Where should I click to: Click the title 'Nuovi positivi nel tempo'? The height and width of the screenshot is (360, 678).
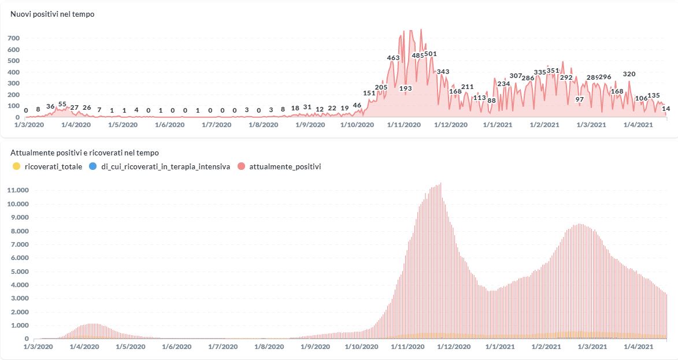click(x=53, y=14)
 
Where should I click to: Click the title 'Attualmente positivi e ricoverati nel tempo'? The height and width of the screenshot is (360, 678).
click(x=85, y=153)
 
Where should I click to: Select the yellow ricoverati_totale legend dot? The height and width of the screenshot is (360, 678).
click(x=16, y=166)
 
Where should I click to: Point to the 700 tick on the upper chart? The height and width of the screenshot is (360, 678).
click(x=13, y=38)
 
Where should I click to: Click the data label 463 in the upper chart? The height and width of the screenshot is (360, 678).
click(x=393, y=58)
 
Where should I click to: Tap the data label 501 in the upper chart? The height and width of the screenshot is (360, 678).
click(x=431, y=54)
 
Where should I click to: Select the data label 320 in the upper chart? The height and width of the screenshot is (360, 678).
click(x=629, y=74)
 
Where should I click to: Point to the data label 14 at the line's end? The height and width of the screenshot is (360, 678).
click(x=666, y=109)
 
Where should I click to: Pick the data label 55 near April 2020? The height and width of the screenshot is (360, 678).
click(x=62, y=105)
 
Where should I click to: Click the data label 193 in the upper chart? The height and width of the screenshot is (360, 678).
click(x=406, y=88)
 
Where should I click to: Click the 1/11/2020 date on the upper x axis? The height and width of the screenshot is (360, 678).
click(x=405, y=125)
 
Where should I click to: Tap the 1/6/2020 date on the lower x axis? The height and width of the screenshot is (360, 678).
click(x=176, y=347)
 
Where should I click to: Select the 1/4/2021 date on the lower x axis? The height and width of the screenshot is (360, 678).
click(x=636, y=347)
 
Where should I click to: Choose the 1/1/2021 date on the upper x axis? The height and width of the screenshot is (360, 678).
click(x=498, y=125)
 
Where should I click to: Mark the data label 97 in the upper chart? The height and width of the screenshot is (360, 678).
click(x=580, y=99)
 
